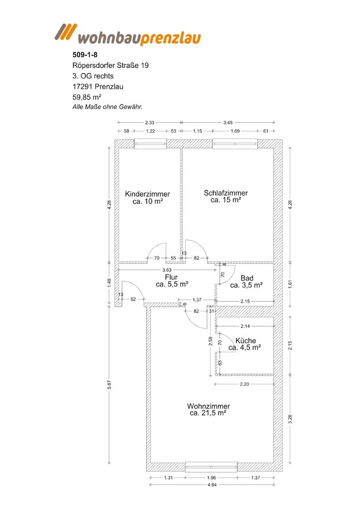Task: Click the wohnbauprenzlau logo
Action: [128, 34]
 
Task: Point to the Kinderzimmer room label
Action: [148, 194]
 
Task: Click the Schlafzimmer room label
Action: [226, 193]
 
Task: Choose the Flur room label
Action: [172, 277]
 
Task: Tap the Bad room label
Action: [247, 278]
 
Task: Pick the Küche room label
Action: [246, 340]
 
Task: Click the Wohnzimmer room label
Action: [208, 406]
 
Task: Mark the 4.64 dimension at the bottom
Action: [212, 484]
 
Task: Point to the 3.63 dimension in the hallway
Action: [167, 270]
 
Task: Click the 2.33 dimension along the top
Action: [150, 123]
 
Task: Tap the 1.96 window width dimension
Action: [211, 477]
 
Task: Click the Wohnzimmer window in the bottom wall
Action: [211, 467]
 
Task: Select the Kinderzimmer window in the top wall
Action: [151, 144]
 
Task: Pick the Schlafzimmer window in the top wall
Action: [235, 144]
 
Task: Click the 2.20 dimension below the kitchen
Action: [244, 384]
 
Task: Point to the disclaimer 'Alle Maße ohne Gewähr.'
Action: [108, 107]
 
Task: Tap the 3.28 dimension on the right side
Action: [291, 419]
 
